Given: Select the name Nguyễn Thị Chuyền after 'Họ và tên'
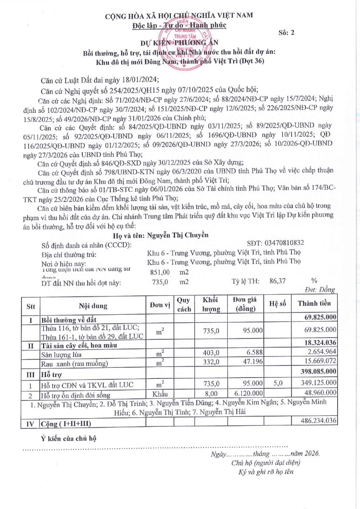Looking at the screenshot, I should [177, 235].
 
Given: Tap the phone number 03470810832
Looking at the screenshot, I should [276, 243].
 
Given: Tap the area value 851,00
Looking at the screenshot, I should [160, 272].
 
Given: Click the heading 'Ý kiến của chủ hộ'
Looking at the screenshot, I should [68, 438].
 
